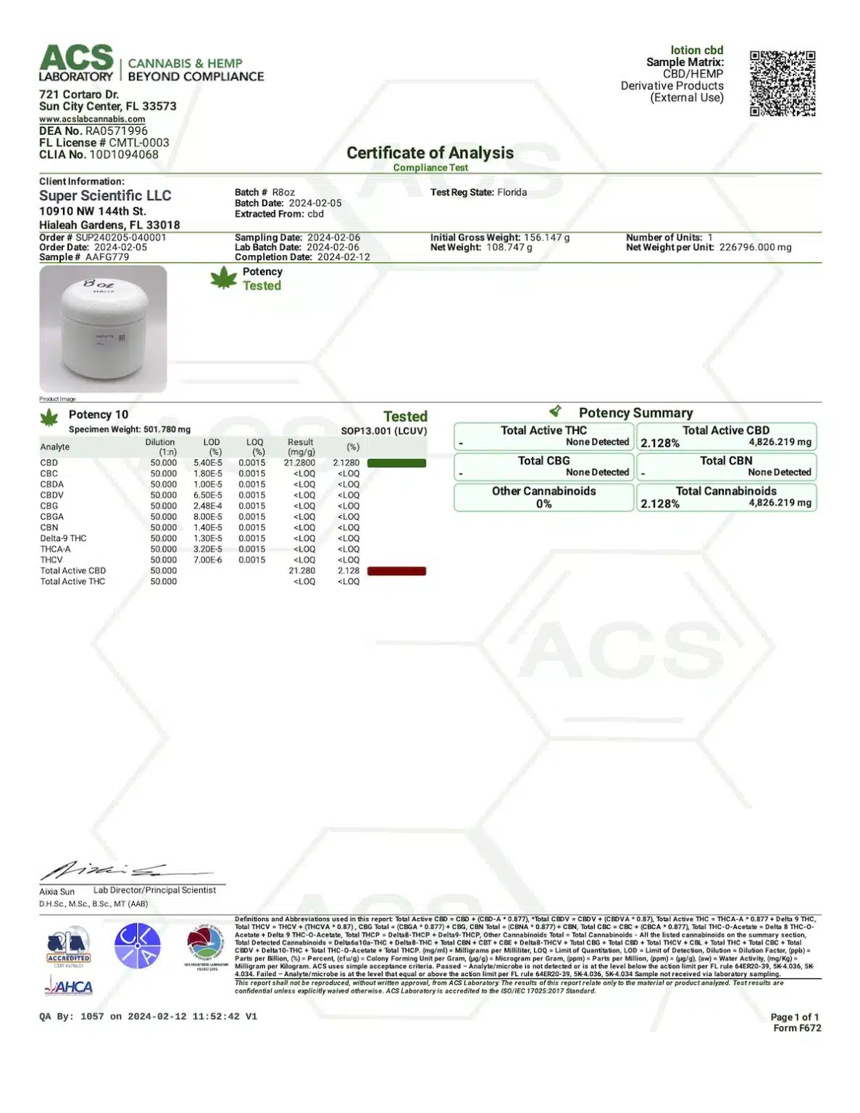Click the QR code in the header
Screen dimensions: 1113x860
click(x=782, y=83)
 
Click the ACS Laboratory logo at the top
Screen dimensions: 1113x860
click(x=77, y=64)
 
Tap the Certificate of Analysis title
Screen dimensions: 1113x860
click(x=430, y=153)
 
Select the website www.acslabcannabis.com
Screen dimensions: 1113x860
click(x=92, y=119)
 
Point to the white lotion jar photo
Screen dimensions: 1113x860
click(x=103, y=329)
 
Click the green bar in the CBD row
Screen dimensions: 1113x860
click(x=396, y=463)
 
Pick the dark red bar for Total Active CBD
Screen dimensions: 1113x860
click(x=396, y=571)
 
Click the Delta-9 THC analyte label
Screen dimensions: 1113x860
click(x=63, y=538)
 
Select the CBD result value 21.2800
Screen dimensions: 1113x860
click(x=300, y=463)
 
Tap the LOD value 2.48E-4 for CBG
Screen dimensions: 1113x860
click(x=208, y=506)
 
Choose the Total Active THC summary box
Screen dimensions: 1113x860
click(x=544, y=436)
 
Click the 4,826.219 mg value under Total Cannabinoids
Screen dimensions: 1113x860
click(x=780, y=502)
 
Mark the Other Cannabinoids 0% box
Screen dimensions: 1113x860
click(x=544, y=497)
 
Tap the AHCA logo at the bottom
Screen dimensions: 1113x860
click(x=69, y=986)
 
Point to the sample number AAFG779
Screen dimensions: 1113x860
click(x=107, y=257)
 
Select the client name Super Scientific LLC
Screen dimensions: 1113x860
click(x=105, y=196)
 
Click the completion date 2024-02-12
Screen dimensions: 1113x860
click(x=343, y=257)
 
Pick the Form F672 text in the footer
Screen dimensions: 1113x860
click(x=797, y=1028)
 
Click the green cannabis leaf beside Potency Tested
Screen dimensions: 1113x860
click(x=224, y=278)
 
